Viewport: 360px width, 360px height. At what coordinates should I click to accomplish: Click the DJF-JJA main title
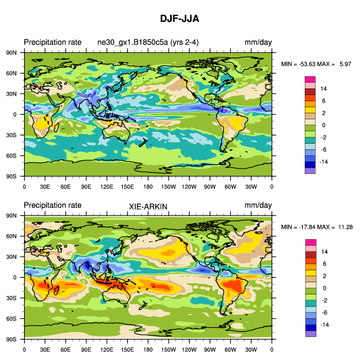(x=179, y=18)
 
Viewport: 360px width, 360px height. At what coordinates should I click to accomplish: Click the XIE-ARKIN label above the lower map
(x=148, y=206)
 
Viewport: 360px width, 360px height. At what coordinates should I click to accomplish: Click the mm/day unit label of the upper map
(x=258, y=43)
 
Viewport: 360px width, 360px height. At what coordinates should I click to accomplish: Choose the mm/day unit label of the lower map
(x=258, y=206)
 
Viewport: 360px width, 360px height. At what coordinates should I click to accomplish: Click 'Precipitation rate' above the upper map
(x=53, y=43)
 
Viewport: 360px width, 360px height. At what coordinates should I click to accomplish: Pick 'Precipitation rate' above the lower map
(x=53, y=205)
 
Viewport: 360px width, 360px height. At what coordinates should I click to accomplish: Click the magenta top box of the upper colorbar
(x=310, y=79)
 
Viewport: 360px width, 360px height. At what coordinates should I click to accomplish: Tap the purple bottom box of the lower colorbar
(x=310, y=333)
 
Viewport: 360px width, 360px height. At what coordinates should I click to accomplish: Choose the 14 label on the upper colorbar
(x=323, y=88)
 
